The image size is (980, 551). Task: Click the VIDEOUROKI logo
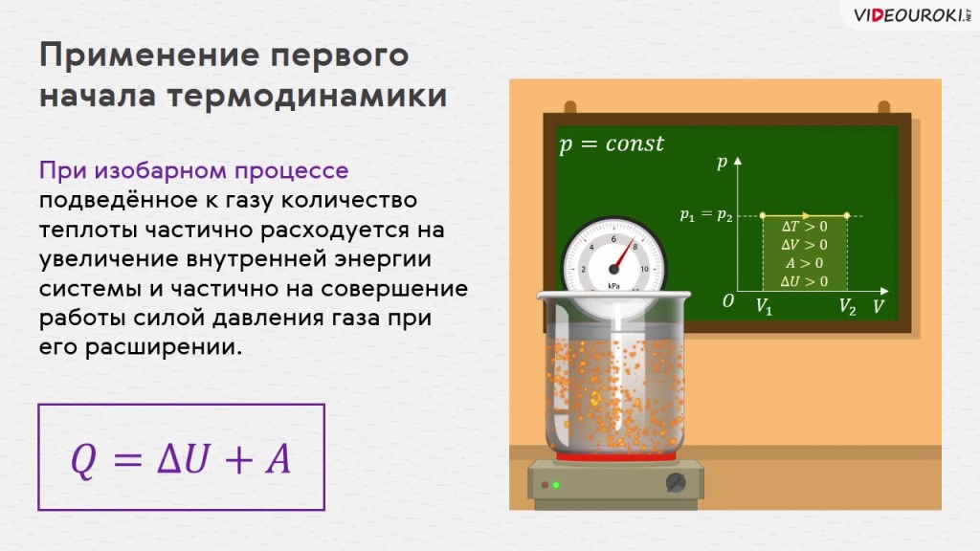[912, 15]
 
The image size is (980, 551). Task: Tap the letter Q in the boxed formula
[84, 460]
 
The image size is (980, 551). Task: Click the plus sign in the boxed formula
[238, 461]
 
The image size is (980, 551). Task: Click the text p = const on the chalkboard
[612, 144]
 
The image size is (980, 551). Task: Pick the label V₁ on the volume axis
[764, 307]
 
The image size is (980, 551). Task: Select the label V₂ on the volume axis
[848, 307]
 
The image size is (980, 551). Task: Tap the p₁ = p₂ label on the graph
[706, 215]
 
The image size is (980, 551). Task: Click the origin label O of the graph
[728, 301]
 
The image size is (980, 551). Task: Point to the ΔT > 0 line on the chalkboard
[804, 226]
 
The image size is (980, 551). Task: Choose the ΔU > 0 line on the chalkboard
[804, 282]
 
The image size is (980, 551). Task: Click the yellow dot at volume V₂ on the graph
[847, 215]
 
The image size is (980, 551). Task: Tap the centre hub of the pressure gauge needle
[613, 269]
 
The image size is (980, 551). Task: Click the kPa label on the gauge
[613, 286]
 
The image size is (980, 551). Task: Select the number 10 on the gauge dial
[644, 269]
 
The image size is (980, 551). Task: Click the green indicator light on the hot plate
[556, 485]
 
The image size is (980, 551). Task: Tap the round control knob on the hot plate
[676, 483]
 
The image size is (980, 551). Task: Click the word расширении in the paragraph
[164, 347]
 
